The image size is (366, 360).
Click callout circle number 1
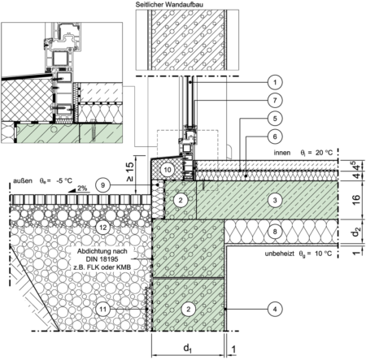[275, 82]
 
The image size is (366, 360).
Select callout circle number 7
[275, 100]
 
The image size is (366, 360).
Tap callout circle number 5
[275, 119]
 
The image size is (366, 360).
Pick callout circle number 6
[275, 137]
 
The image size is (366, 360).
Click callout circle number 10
[168, 170]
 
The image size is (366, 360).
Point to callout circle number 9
[102, 185]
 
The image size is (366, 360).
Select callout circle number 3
[275, 200]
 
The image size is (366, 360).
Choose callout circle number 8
[275, 232]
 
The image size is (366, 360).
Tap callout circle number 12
[102, 227]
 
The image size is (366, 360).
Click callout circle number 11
[102, 309]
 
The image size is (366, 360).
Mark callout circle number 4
[275, 309]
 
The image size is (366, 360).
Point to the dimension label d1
[188, 348]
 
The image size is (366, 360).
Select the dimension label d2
[356, 232]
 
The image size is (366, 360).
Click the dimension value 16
[356, 200]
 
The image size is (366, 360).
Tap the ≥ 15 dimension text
[130, 171]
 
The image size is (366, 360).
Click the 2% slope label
[81, 188]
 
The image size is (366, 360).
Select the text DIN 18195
[102, 259]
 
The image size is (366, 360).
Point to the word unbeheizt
[281, 254]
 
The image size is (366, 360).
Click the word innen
[282, 153]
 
